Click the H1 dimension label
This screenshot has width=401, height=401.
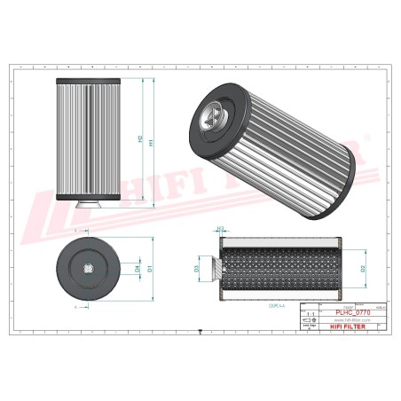[x=152, y=140]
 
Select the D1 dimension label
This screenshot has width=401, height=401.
[x=149, y=267]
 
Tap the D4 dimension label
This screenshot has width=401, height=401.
[x=136, y=267]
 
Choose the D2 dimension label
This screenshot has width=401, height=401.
[x=363, y=266]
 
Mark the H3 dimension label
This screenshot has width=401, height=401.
[x=222, y=228]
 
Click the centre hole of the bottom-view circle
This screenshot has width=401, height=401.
[x=89, y=266]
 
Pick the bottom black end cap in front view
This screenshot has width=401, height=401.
[x=86, y=197]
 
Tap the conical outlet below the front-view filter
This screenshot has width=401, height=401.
[x=86, y=206]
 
